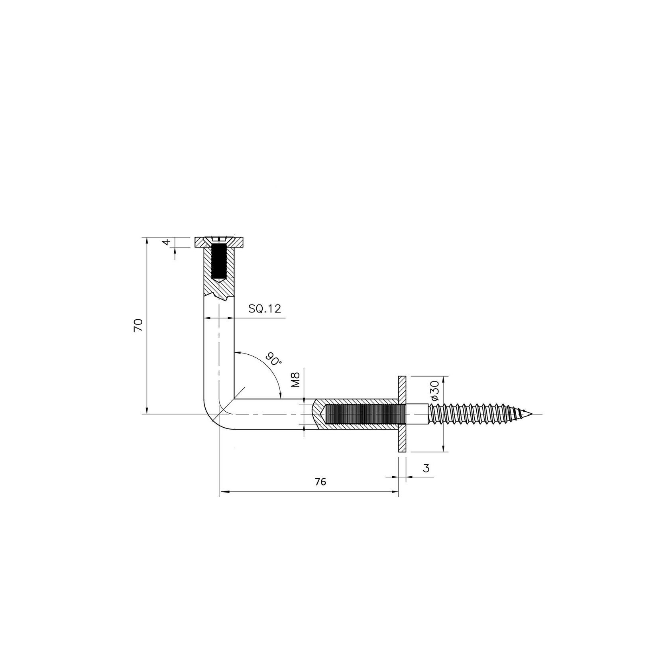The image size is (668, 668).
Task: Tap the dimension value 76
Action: [x=320, y=482]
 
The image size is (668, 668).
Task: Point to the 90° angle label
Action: [x=274, y=359]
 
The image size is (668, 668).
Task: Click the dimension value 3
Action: [x=426, y=468]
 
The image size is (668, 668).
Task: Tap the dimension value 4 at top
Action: [x=167, y=242]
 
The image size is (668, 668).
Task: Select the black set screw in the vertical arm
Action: [x=218, y=262]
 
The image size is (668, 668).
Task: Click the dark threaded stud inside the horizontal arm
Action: [x=365, y=414]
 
